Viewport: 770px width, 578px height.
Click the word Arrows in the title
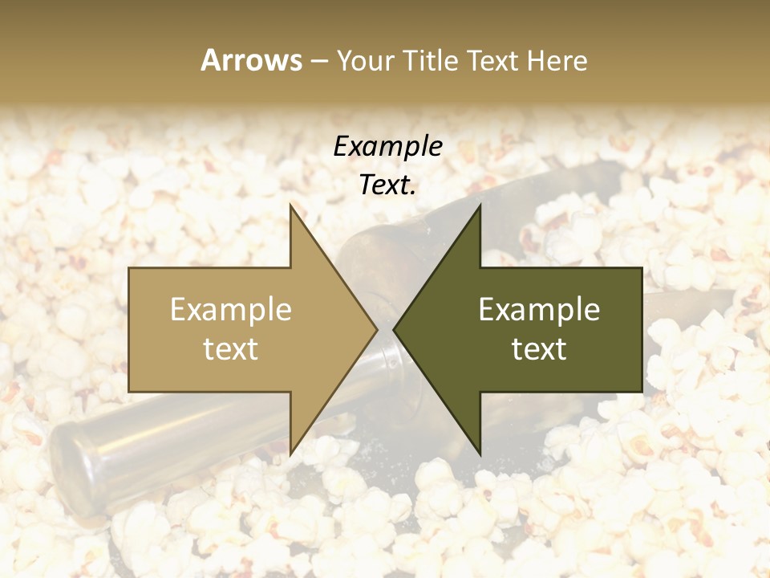pos(251,60)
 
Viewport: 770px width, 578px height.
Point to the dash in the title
pos(318,62)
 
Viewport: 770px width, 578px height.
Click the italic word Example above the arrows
pos(387,147)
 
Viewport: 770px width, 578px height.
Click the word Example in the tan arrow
pos(231,310)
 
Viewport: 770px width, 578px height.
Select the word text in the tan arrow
pos(231,349)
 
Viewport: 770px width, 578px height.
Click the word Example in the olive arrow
pos(539,310)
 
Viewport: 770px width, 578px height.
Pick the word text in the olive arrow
pos(539,349)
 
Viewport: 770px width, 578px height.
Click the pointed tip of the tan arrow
pos(377,329)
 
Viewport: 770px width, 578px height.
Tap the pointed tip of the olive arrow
pos(394,329)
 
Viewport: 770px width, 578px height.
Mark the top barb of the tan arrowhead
pos(291,206)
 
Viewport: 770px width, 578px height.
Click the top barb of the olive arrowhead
pos(480,206)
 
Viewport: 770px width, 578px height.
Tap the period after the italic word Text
pos(414,193)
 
